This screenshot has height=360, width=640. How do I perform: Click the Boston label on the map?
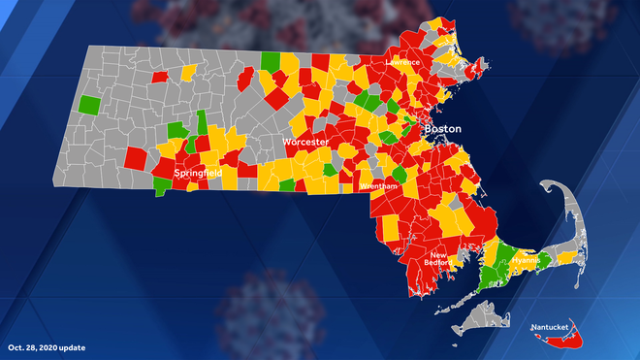point(443,129)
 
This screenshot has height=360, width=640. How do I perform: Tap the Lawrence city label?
point(402,62)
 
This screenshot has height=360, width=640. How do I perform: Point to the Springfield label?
point(198,173)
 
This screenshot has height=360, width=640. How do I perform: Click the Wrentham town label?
point(376,184)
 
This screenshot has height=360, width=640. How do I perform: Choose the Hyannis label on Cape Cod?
point(526,261)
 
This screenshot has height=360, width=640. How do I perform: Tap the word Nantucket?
point(551,327)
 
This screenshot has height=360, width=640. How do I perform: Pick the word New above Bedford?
point(436,255)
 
